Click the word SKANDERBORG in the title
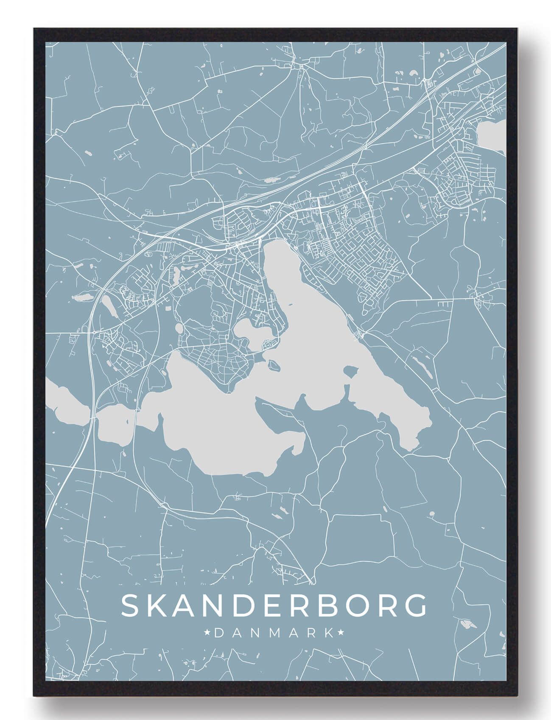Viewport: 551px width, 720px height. (274, 605)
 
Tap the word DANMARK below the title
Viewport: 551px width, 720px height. (274, 633)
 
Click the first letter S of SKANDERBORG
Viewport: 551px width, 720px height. (129, 605)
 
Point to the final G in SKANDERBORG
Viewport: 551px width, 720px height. (417, 605)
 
